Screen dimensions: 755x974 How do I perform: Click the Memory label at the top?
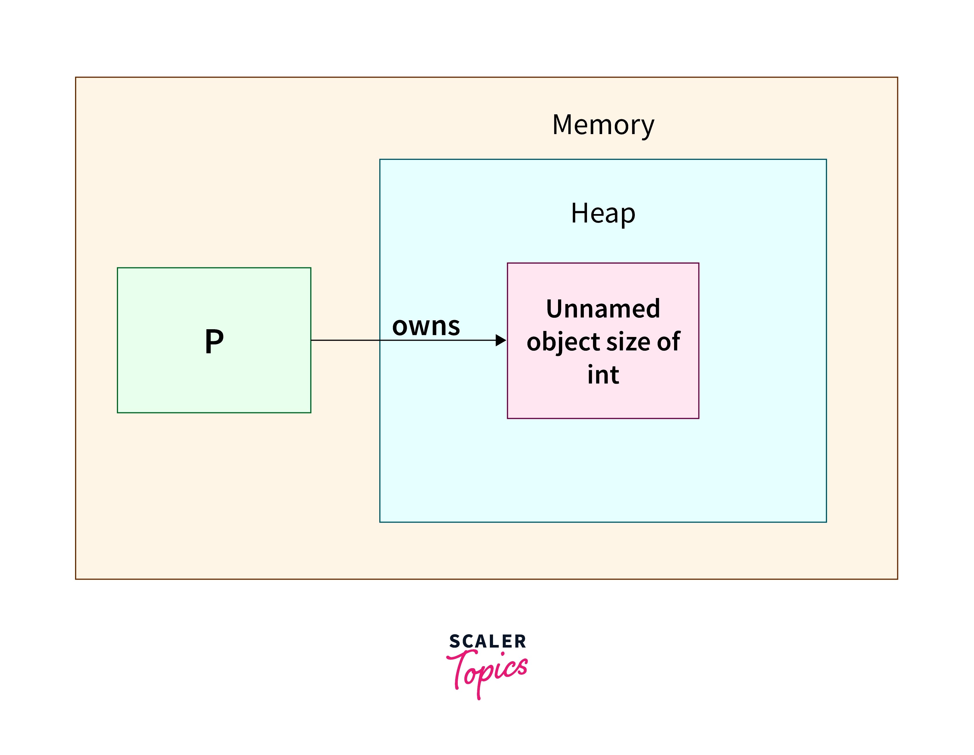point(603,125)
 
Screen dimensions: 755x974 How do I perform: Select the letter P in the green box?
point(214,342)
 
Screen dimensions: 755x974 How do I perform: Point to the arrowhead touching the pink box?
point(501,341)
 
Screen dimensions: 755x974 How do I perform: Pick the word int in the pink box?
point(603,374)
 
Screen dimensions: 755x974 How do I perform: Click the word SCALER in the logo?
point(488,641)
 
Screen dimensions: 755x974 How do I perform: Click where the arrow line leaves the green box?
point(312,341)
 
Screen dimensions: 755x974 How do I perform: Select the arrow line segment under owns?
point(426,341)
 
